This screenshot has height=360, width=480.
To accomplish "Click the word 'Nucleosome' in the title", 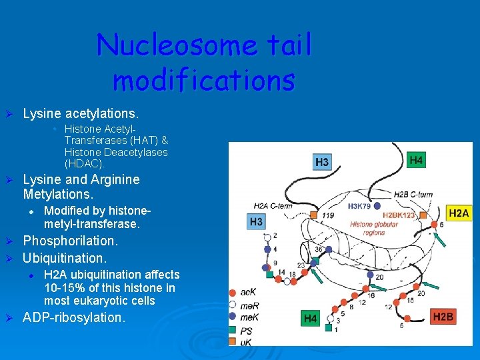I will click(x=177, y=46).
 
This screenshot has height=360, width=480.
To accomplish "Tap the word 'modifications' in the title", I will click(x=203, y=80).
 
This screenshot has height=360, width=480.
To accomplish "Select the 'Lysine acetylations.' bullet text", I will click(x=81, y=114).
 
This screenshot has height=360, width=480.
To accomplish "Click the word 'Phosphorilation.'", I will click(x=70, y=241).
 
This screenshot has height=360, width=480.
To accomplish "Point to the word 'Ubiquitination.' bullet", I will click(x=65, y=257).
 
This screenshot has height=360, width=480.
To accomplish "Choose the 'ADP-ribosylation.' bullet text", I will click(x=73, y=317).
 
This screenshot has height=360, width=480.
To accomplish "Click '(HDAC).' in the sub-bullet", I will click(x=85, y=163).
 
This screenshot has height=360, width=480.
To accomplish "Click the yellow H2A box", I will click(x=458, y=213).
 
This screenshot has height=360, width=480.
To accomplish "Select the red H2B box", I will click(x=443, y=316).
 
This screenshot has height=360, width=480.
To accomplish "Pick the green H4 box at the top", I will click(x=416, y=160).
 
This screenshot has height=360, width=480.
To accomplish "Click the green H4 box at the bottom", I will click(x=311, y=319).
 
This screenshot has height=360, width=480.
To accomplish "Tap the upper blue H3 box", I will click(x=322, y=162).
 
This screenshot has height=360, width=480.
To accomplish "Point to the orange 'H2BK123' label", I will click(x=399, y=215).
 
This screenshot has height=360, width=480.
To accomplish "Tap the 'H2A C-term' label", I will click(x=273, y=205).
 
